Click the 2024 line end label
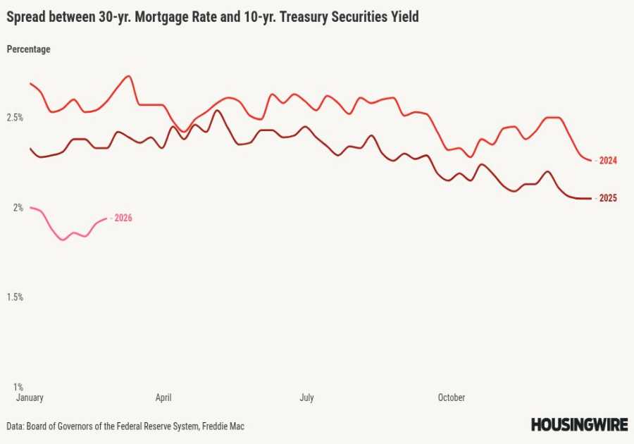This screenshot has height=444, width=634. (608, 161)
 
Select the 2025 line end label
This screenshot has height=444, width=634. (608, 198)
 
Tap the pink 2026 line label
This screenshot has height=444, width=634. (123, 218)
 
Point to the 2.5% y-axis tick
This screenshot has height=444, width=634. (15, 118)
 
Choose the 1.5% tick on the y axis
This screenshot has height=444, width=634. (15, 297)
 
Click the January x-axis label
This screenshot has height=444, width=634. (30, 397)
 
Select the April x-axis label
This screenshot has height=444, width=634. (163, 397)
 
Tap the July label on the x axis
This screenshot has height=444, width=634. (306, 397)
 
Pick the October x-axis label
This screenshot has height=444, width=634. (451, 397)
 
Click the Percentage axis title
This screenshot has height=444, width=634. (28, 49)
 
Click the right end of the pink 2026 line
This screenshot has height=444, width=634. (106, 218)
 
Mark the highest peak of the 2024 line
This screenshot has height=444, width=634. (128, 76)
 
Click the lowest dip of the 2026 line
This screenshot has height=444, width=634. (63, 240)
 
